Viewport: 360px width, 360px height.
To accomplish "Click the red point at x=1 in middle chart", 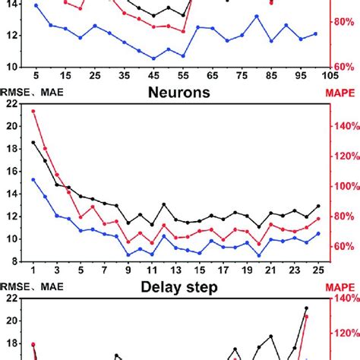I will point(33,112).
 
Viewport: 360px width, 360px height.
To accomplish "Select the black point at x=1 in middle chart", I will point(33,142).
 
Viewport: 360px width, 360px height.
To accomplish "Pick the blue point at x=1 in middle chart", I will point(33,179).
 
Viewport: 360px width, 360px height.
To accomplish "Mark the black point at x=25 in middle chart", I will point(318,206).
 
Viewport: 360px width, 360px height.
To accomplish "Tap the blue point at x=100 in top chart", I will point(315,33).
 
